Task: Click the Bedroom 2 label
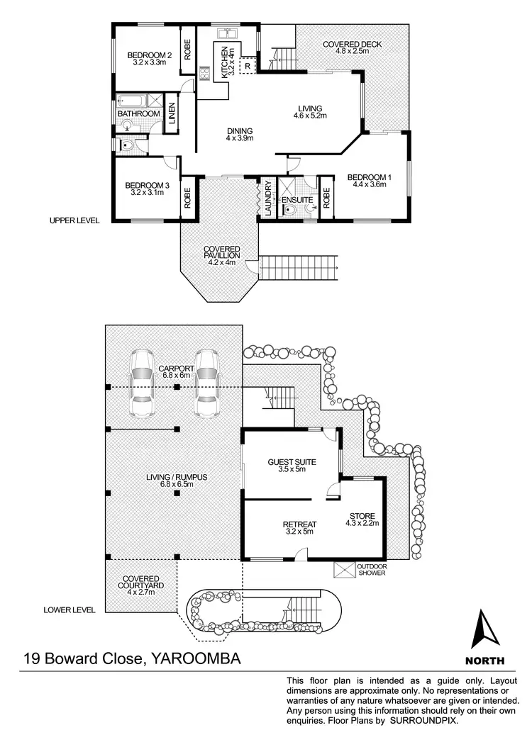[149, 55]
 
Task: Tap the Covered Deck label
[352, 44]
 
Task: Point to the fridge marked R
[247, 65]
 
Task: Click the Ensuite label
[296, 200]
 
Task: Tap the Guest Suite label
[292, 462]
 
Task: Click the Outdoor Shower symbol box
[343, 569]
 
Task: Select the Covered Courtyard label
[140, 582]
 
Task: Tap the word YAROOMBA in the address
[196, 658]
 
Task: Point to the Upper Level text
[74, 220]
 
